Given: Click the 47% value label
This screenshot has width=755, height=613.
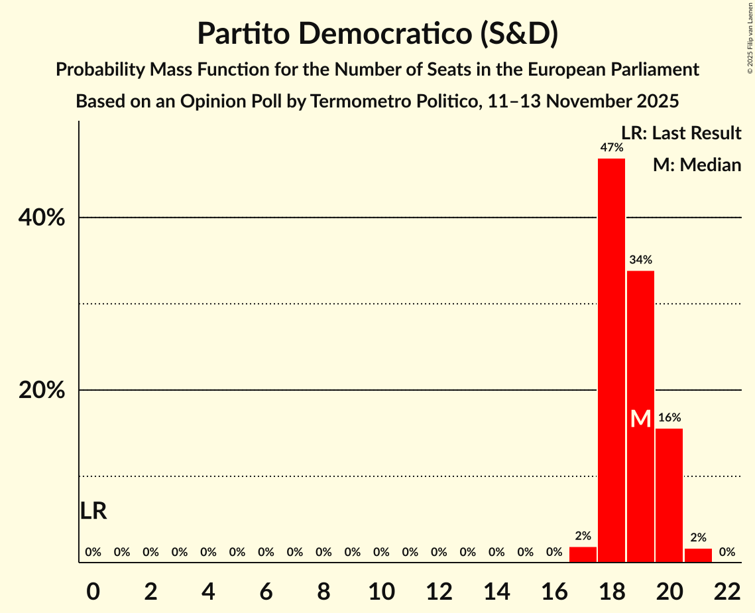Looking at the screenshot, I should (x=611, y=148).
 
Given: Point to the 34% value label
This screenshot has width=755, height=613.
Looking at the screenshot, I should (x=640, y=260).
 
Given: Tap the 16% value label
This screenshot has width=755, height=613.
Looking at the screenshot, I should (x=669, y=418).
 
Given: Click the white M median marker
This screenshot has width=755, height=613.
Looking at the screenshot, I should (x=640, y=419).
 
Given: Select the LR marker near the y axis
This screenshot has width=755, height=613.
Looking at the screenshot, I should (x=93, y=511).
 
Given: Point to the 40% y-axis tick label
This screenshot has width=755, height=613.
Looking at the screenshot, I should (x=42, y=218).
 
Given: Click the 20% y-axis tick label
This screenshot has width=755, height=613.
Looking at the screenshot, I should (x=42, y=391).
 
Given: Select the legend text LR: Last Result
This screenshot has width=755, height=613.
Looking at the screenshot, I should (x=681, y=133).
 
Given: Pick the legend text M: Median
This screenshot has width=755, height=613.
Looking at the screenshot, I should (x=697, y=165).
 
